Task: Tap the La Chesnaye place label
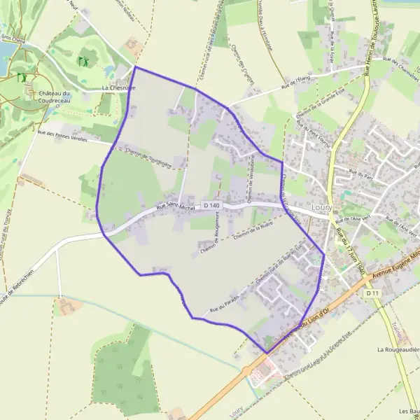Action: (119, 87)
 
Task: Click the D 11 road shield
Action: (372, 293)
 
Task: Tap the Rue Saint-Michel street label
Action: (176, 207)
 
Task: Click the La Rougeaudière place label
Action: (398, 349)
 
